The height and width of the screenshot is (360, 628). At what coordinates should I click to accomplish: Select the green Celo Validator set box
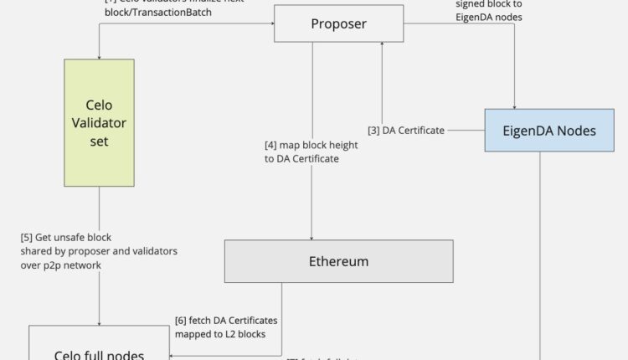99,122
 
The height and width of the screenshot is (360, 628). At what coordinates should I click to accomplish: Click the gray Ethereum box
338,261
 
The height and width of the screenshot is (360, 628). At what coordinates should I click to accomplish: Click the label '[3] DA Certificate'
405,131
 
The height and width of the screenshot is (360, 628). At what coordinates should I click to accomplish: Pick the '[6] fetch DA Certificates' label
225,320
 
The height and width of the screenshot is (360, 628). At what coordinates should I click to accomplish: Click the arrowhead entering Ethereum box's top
312,237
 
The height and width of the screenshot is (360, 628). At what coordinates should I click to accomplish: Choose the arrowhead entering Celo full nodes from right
172,354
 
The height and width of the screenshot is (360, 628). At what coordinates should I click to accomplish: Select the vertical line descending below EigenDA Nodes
540,251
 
